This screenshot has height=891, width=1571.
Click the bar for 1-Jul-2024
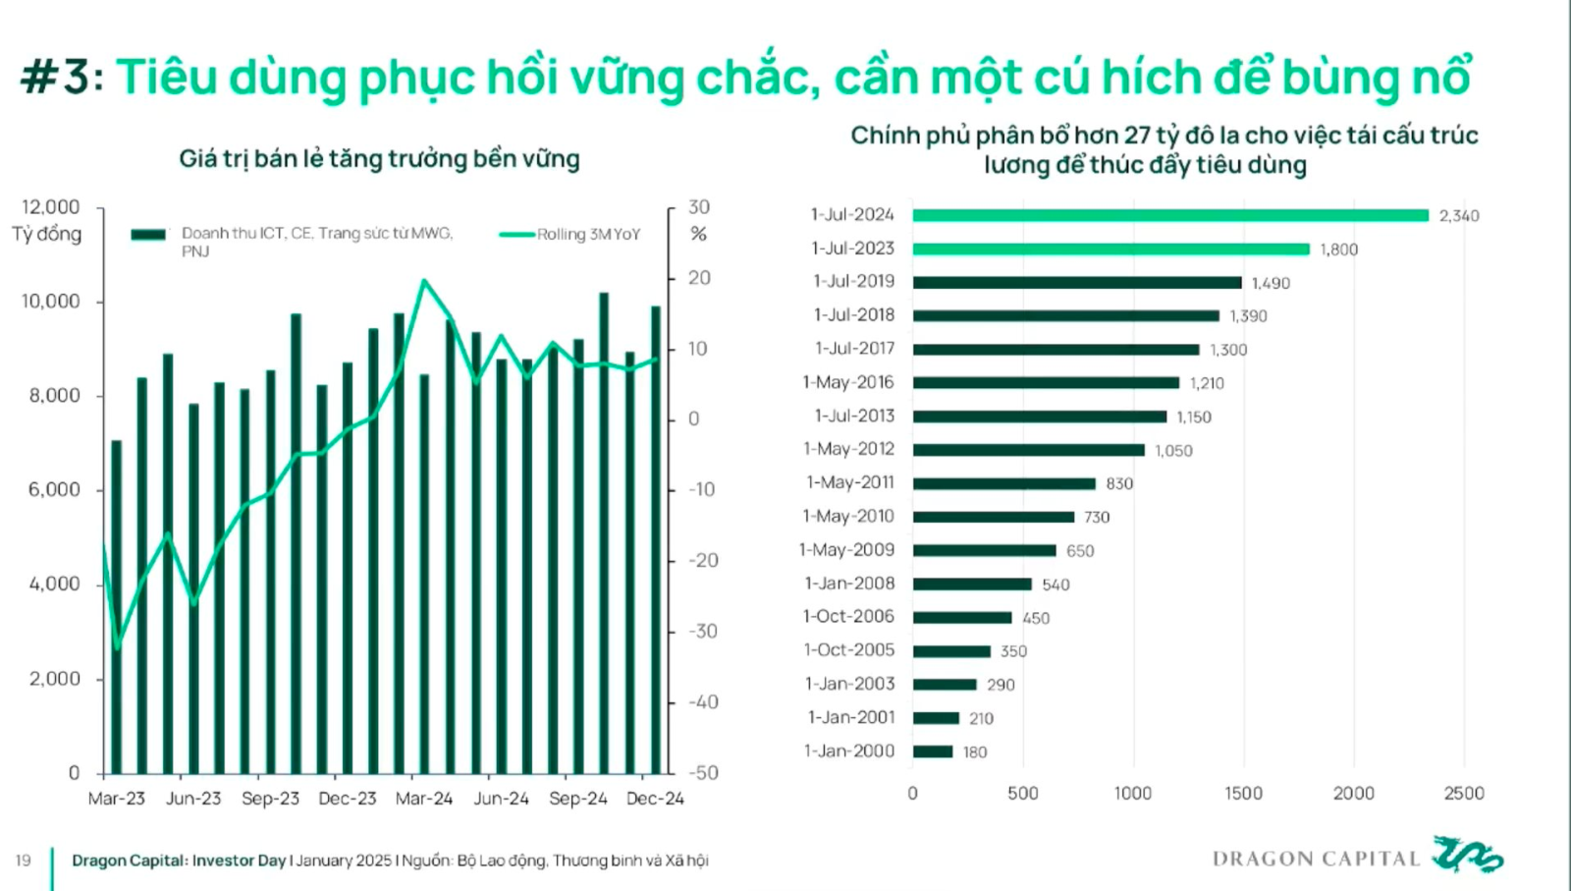(x=1170, y=215)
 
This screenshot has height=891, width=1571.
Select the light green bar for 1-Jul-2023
(x=1111, y=249)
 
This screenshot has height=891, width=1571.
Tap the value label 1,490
(x=1271, y=283)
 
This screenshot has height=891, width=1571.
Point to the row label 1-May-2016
(x=848, y=382)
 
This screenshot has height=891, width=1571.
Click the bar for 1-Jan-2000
(x=933, y=752)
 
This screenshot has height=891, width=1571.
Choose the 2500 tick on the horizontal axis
(x=1463, y=793)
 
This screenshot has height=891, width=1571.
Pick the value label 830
(x=1119, y=483)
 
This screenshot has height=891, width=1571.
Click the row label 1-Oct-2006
(x=848, y=616)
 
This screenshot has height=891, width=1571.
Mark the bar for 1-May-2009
(x=984, y=550)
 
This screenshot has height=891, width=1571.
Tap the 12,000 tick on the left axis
(x=51, y=207)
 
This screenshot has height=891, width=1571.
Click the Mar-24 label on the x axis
(x=424, y=799)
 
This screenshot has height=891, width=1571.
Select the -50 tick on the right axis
(x=703, y=772)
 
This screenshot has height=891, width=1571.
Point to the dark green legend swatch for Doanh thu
(x=148, y=234)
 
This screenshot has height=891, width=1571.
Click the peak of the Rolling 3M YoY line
(x=424, y=281)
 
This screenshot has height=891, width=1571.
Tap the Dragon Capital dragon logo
(x=1467, y=855)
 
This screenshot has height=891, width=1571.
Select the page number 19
(x=23, y=861)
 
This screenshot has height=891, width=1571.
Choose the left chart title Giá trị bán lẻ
(x=379, y=159)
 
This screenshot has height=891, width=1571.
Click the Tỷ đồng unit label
(x=47, y=234)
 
